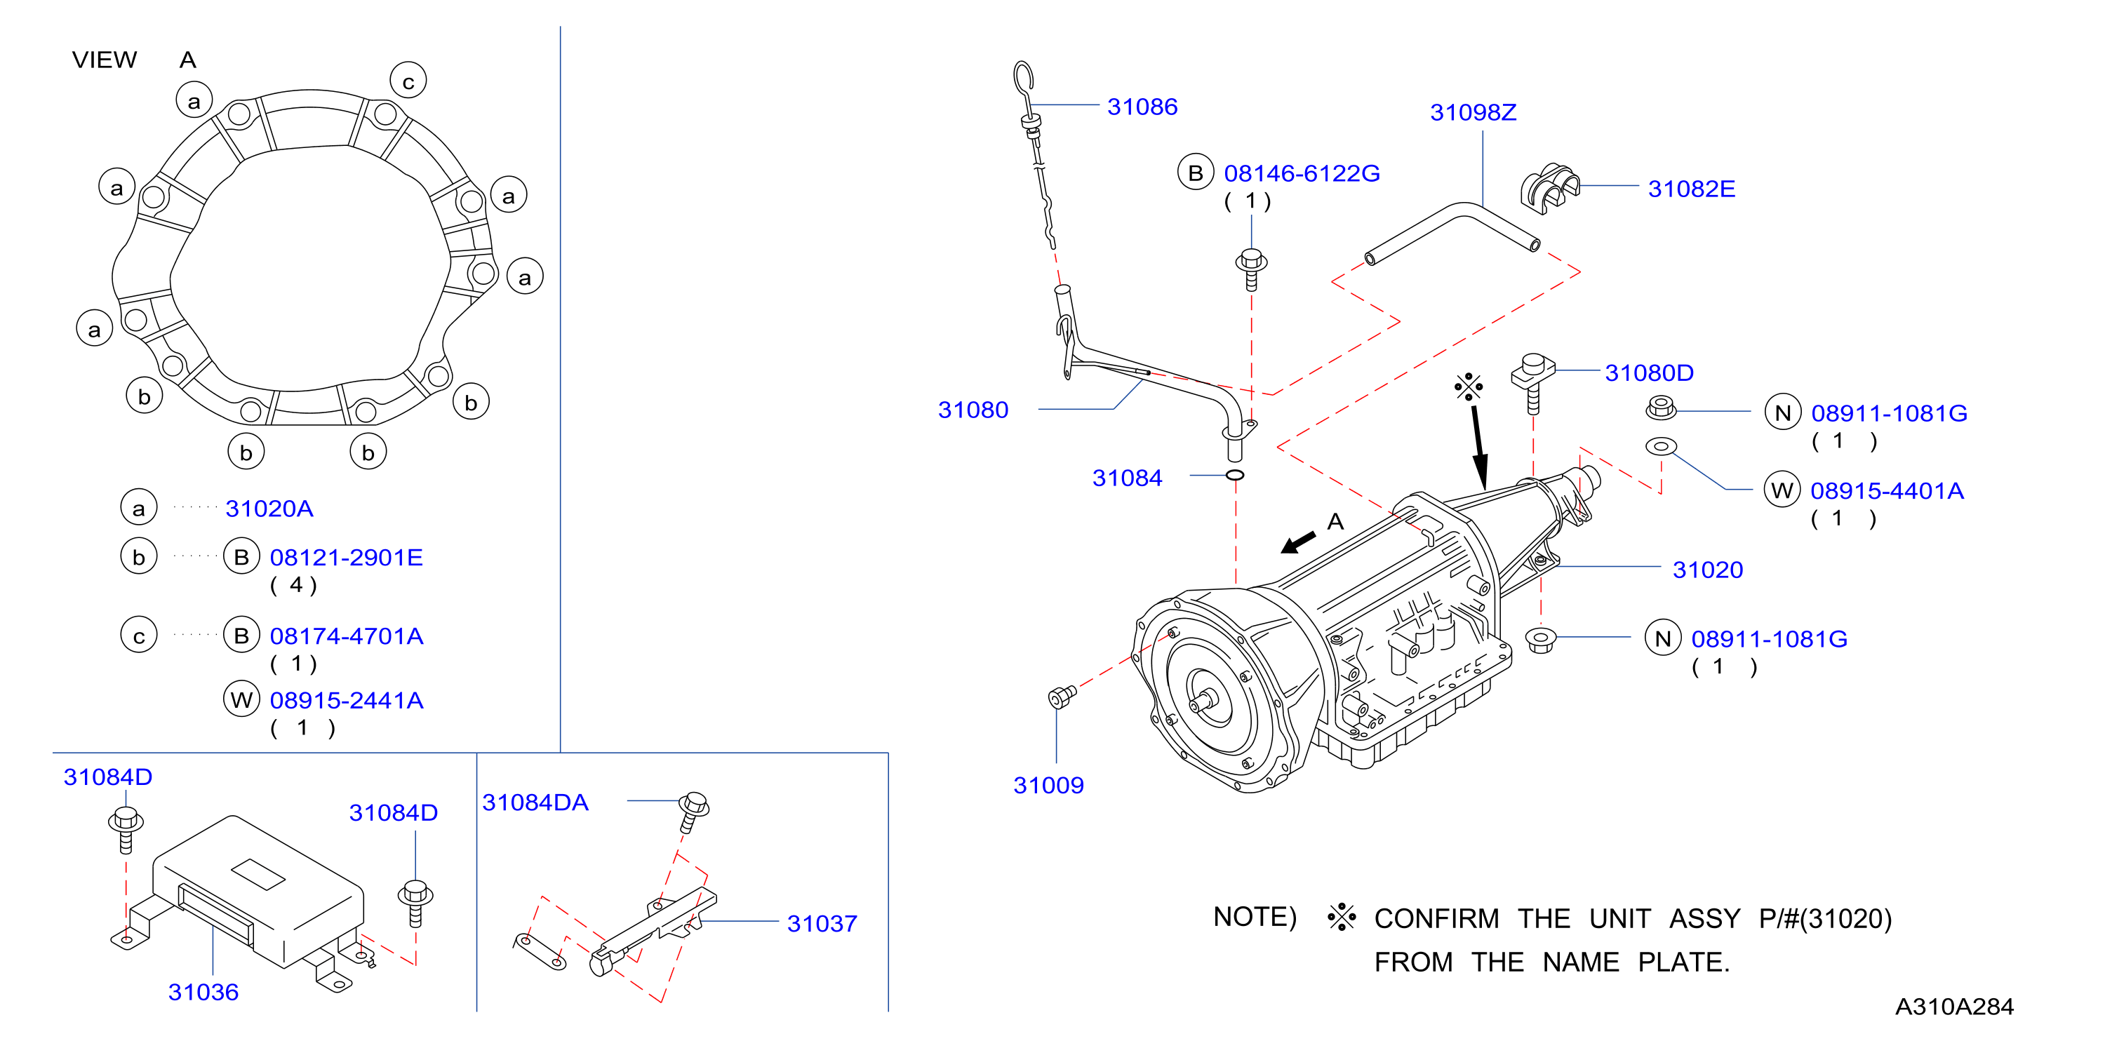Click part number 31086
pyautogui.click(x=1142, y=107)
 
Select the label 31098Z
pyautogui.click(x=1473, y=113)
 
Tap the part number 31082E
pyautogui.click(x=1691, y=189)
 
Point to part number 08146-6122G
pyautogui.click(x=1302, y=173)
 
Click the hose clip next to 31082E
pyautogui.click(x=1549, y=188)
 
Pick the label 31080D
pyautogui.click(x=1649, y=372)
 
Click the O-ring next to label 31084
pyautogui.click(x=1235, y=475)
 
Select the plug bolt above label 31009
pyautogui.click(x=1062, y=696)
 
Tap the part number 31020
pyautogui.click(x=1708, y=570)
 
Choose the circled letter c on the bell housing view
pyautogui.click(x=408, y=80)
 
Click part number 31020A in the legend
pyautogui.click(x=269, y=509)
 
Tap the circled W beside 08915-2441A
pyautogui.click(x=241, y=699)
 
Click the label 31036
pyautogui.click(x=203, y=992)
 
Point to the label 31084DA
pyautogui.click(x=535, y=802)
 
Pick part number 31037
pyautogui.click(x=822, y=923)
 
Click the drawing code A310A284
pyautogui.click(x=1954, y=1007)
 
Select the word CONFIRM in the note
pyautogui.click(x=1436, y=918)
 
